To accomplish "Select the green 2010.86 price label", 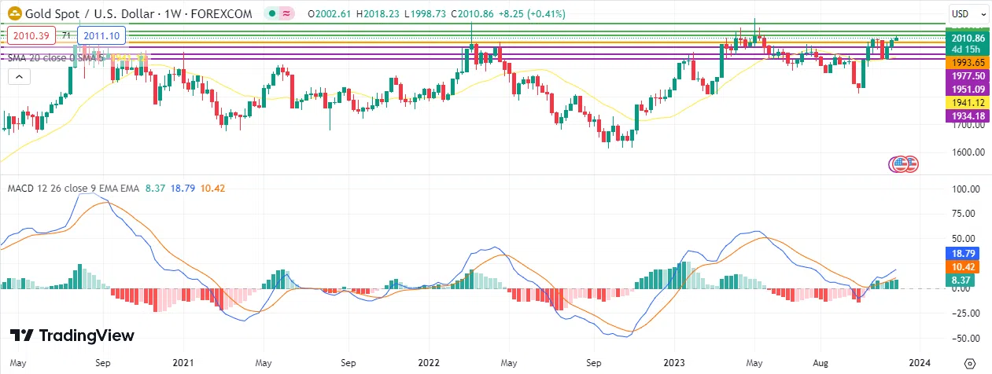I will click(x=968, y=38).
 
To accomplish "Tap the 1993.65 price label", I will click(x=968, y=63).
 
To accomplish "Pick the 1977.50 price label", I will click(x=968, y=76).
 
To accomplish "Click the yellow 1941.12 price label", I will click(x=968, y=103).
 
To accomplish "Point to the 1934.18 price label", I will click(x=968, y=116).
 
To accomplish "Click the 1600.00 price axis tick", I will click(x=966, y=152).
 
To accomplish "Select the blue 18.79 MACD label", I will click(x=964, y=254).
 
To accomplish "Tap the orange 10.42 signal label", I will click(x=964, y=267).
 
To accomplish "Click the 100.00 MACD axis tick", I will click(x=964, y=189).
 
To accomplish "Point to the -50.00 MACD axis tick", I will click(x=964, y=339).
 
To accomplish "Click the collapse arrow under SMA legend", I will click(x=17, y=76).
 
